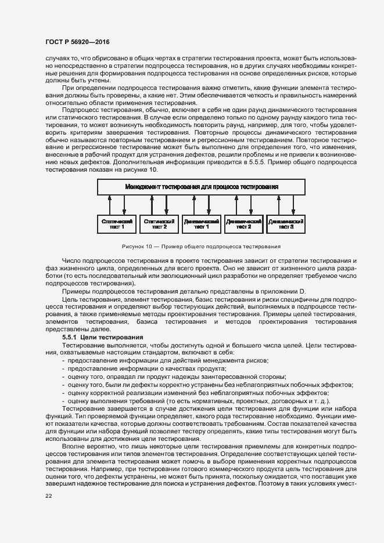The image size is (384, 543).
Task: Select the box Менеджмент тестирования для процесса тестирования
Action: tap(202, 187)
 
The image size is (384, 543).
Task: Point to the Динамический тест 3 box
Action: tap(286, 224)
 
